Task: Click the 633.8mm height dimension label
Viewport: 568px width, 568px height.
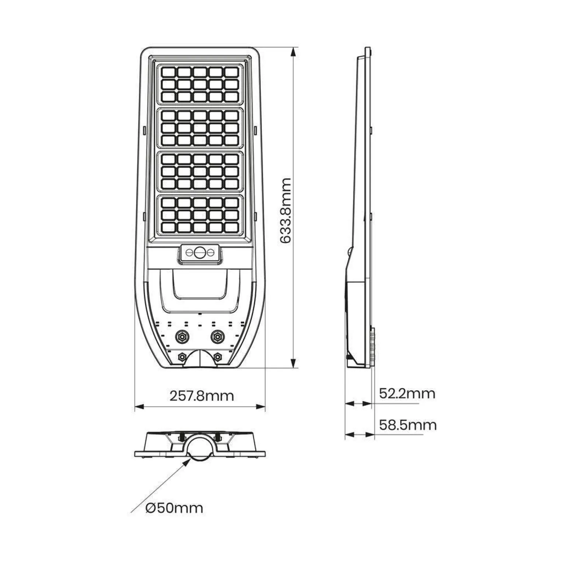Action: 286,211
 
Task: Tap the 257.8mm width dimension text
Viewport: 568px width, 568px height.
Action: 202,396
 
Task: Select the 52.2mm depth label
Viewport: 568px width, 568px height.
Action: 407,394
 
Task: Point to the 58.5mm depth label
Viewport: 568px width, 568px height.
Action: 408,425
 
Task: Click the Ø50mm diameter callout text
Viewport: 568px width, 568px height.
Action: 174,508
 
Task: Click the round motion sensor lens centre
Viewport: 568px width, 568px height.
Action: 200,253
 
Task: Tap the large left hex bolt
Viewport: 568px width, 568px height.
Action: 181,336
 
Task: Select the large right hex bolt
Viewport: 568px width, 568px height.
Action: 217,336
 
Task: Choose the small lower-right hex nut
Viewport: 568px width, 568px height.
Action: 217,357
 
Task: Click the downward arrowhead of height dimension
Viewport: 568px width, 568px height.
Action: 294,363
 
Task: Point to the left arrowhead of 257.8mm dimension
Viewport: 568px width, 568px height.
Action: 139,407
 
